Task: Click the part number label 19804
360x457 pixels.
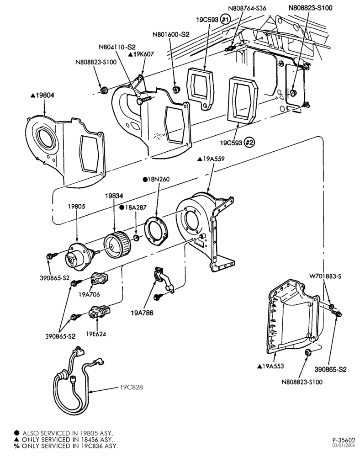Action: pos(45,96)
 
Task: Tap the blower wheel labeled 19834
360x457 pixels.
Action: pos(117,244)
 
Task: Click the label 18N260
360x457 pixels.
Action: pos(159,179)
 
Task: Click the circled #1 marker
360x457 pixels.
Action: pos(225,20)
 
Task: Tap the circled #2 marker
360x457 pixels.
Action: pos(249,143)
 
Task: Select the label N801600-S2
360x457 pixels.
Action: pos(171,35)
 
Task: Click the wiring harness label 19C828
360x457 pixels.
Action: pos(132,388)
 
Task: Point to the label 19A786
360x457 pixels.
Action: pos(142,313)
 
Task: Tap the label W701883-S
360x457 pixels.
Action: pos(325,276)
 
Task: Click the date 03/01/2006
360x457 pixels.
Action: pos(344,445)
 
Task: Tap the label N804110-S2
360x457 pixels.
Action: pos(117,47)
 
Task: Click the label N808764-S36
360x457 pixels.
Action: pos(247,8)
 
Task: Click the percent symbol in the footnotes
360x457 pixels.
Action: pos(16,446)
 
